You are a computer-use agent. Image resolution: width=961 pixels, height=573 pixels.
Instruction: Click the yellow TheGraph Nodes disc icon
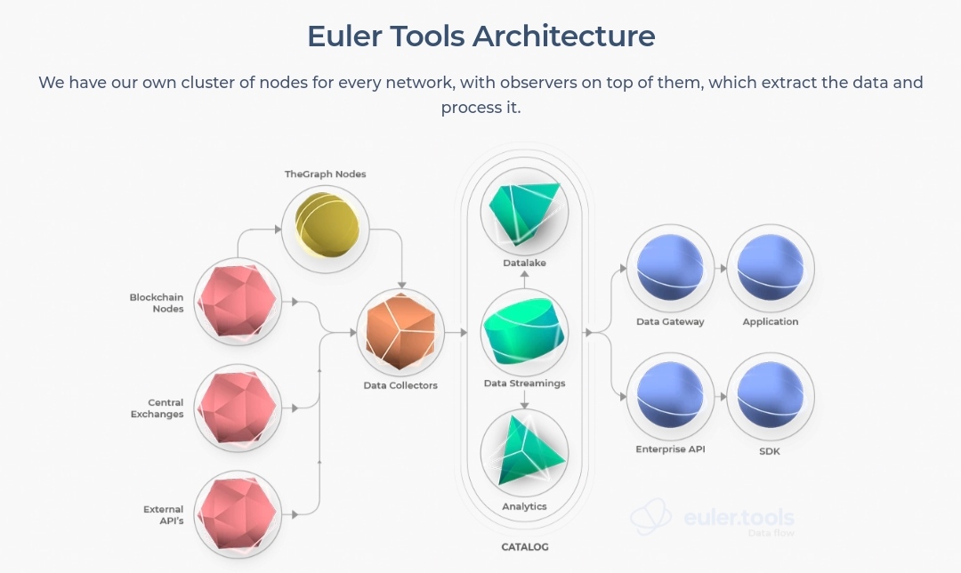click(x=326, y=225)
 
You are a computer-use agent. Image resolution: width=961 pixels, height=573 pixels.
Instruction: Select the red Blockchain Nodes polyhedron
click(x=238, y=302)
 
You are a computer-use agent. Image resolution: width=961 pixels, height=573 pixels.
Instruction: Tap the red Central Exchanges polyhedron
click(x=238, y=408)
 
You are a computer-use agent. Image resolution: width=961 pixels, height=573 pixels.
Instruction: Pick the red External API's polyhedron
click(x=238, y=513)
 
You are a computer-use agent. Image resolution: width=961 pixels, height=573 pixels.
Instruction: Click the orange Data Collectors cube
click(x=400, y=332)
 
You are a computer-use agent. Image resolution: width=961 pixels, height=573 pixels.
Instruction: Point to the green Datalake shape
click(x=525, y=212)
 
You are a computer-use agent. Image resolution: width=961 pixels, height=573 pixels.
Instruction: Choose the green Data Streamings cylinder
click(x=524, y=332)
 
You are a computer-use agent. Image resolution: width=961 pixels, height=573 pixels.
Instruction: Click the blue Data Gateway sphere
click(x=670, y=267)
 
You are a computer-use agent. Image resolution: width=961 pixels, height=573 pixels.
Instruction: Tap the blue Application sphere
click(x=771, y=267)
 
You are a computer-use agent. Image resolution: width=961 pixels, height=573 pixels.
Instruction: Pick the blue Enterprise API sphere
click(x=670, y=395)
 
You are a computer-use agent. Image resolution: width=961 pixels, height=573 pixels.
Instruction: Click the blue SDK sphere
click(x=771, y=395)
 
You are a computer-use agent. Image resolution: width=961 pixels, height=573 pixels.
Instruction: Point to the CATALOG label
click(x=525, y=546)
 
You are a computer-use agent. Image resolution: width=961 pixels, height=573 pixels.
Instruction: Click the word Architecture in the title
click(x=564, y=36)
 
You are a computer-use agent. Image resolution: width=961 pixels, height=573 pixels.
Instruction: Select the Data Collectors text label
click(x=400, y=385)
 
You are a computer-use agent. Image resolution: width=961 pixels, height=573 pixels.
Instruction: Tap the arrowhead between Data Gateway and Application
click(x=723, y=268)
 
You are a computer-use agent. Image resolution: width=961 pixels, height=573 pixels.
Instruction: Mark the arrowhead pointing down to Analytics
click(x=525, y=405)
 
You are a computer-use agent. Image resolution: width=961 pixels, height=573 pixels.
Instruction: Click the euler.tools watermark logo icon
click(x=650, y=517)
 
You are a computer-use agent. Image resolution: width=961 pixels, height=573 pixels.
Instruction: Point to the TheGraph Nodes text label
click(x=326, y=174)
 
